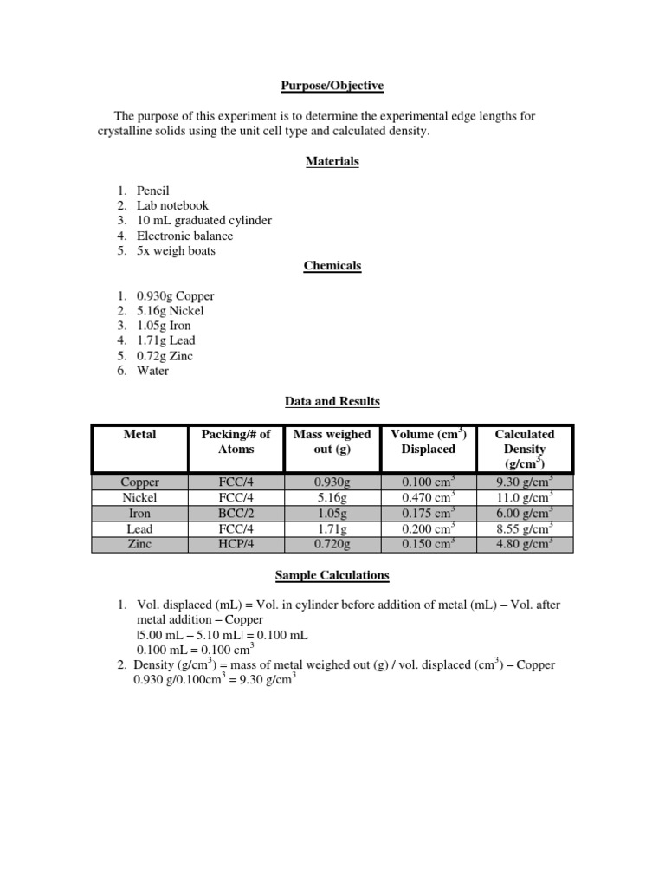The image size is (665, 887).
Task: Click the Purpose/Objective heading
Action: [332, 86]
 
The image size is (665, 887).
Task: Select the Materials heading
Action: [332, 161]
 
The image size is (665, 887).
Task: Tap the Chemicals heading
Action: [332, 266]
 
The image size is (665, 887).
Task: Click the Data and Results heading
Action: [332, 401]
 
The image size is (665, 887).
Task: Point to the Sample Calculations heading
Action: [332, 574]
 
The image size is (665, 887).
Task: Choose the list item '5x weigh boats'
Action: [176, 250]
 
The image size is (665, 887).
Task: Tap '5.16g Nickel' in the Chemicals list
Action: [171, 310]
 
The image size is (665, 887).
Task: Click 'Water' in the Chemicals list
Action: [152, 371]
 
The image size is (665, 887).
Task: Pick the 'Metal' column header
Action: [140, 434]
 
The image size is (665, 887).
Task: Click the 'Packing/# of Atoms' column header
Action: [236, 442]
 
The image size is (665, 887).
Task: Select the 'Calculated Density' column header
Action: [524, 449]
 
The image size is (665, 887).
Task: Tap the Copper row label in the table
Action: [140, 482]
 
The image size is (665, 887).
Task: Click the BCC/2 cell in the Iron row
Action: [236, 513]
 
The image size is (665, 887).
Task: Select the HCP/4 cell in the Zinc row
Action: [236, 544]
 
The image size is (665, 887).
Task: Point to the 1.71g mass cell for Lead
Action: [332, 528]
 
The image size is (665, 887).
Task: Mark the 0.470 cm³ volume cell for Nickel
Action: [428, 498]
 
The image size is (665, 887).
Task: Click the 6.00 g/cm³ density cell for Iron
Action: [524, 513]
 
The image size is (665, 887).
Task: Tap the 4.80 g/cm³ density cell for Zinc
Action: [524, 544]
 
